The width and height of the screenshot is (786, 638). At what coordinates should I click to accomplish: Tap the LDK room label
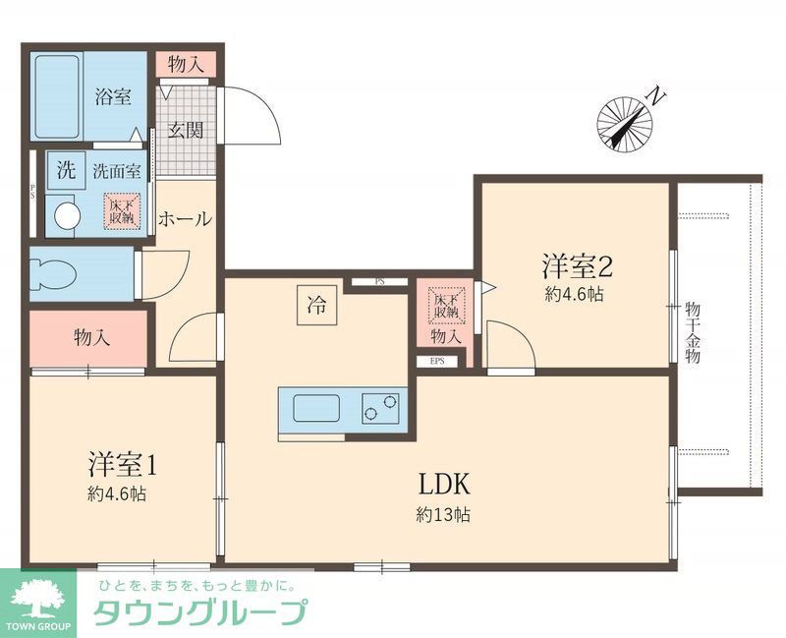(447, 485)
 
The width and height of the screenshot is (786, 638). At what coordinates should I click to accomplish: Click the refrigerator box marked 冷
(317, 305)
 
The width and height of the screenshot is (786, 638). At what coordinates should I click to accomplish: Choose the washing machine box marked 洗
(65, 169)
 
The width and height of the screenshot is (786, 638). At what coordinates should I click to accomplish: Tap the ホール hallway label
(184, 218)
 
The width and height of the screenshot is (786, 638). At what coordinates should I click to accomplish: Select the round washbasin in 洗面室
(66, 215)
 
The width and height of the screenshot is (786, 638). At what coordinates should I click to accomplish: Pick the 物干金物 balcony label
(693, 334)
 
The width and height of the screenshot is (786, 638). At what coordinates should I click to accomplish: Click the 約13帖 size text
(441, 514)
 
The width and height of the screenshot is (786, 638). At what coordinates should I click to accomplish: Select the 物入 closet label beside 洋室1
(91, 337)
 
